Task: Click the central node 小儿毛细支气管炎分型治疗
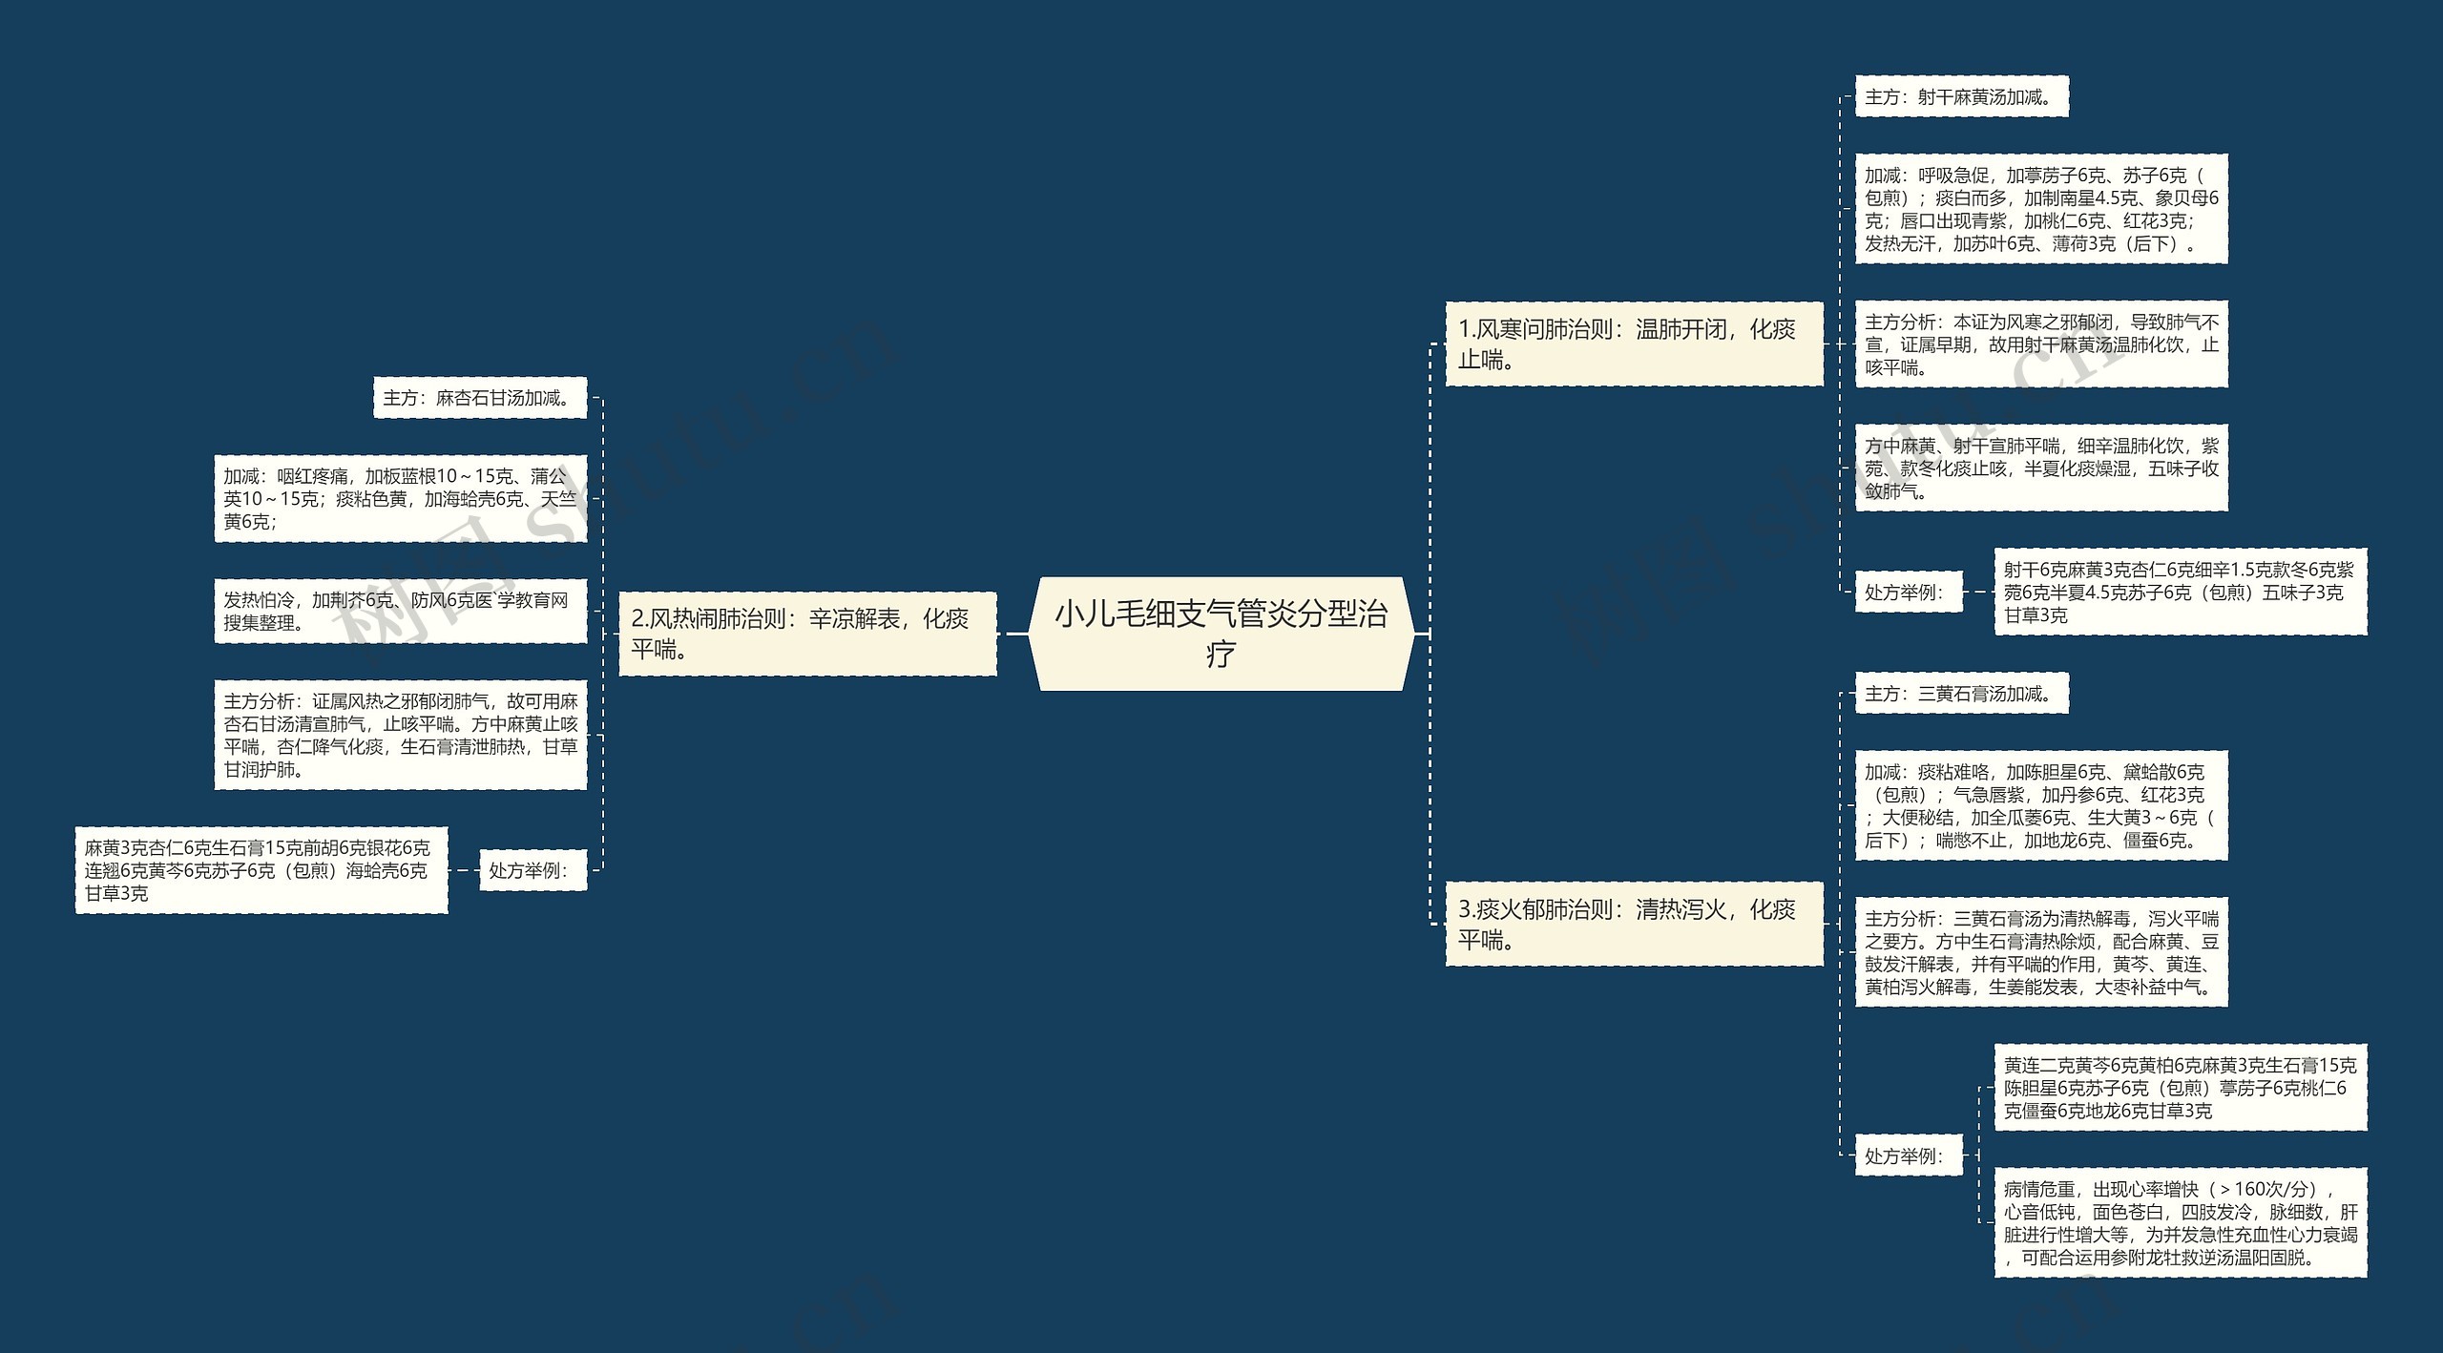click(1221, 634)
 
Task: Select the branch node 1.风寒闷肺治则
click(1634, 344)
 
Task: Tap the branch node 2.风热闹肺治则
click(807, 634)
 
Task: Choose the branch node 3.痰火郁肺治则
click(1634, 924)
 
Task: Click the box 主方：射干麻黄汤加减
click(1961, 97)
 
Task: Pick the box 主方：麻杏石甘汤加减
click(479, 398)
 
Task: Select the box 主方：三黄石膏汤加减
click(1961, 694)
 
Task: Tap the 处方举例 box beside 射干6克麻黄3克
click(1908, 593)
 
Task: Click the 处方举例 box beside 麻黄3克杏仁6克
click(532, 870)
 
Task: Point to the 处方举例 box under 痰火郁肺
click(1908, 1156)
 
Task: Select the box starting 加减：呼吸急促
click(2040, 209)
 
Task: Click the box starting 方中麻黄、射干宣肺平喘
click(2040, 468)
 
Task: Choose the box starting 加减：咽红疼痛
click(400, 498)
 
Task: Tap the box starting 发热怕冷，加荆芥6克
click(400, 611)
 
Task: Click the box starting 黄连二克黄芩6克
click(2180, 1088)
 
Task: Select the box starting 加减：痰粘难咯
click(2040, 805)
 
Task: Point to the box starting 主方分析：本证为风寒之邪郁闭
click(2040, 344)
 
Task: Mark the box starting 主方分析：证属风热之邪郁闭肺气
click(400, 735)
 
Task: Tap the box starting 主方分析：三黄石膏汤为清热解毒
click(2040, 952)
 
